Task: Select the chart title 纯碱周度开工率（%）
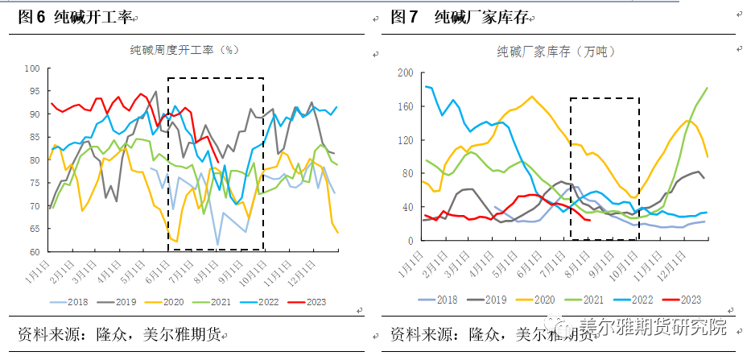(184, 50)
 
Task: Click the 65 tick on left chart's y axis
(35, 230)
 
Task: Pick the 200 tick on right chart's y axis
(406, 73)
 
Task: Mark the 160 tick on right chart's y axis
(406, 107)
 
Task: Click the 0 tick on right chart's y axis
(411, 241)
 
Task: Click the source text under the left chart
(121, 334)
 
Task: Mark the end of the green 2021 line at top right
(708, 88)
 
